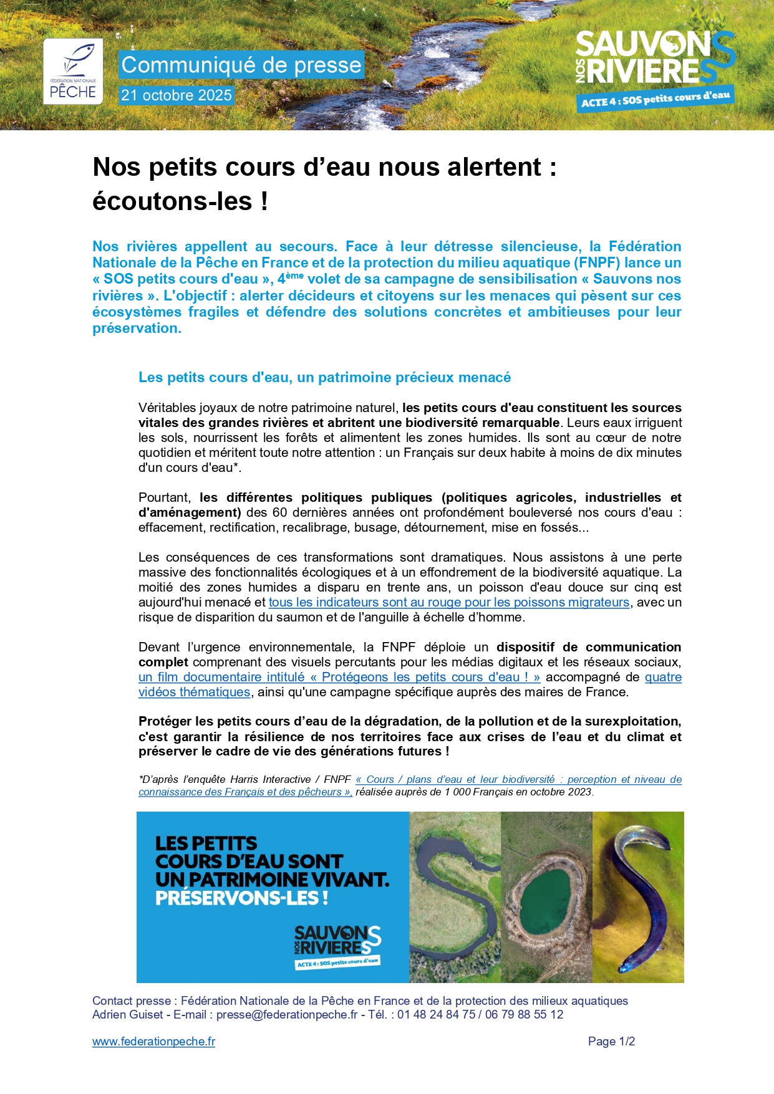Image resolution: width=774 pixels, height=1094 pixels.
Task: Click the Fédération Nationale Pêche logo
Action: [x=72, y=71]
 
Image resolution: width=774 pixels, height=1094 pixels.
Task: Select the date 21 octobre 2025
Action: [x=177, y=95]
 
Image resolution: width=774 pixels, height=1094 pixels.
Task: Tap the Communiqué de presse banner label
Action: [x=241, y=65]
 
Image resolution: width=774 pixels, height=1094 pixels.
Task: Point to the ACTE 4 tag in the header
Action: [x=655, y=99]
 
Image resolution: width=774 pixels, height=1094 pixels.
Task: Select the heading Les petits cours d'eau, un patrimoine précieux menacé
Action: [x=324, y=377]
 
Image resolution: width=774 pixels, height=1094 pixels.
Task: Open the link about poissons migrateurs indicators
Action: [x=448, y=602]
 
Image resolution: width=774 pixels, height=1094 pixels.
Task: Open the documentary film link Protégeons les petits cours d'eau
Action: [x=339, y=677]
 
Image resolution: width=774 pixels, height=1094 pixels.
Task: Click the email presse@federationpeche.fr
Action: [x=287, y=1014]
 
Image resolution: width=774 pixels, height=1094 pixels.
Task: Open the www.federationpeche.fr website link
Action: [x=153, y=1041]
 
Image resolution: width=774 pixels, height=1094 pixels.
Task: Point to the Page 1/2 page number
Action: [x=611, y=1041]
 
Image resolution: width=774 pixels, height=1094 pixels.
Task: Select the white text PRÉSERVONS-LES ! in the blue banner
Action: [x=241, y=898]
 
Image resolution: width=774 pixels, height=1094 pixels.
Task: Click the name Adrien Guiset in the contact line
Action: [x=127, y=1014]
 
